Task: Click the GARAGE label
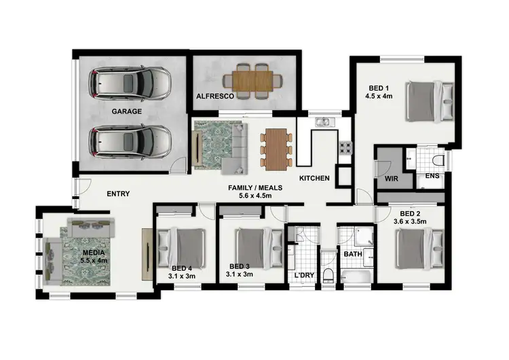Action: (127, 111)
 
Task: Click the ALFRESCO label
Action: (215, 97)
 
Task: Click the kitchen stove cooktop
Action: (345, 147)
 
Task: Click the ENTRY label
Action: (119, 194)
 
